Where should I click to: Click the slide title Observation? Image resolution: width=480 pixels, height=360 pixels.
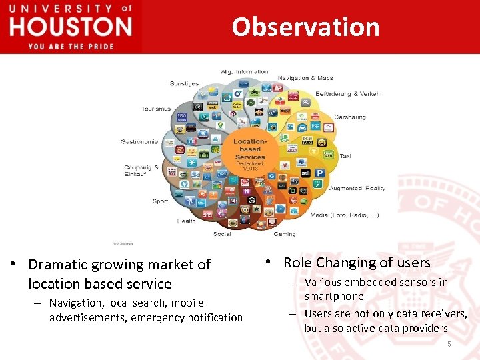(305, 27)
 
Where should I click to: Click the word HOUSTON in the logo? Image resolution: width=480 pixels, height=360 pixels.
(71, 27)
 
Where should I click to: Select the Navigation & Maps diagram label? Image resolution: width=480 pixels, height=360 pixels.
(305, 78)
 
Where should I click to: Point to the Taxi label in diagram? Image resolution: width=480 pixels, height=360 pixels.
(345, 155)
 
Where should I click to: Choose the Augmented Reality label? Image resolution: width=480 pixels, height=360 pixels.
(357, 188)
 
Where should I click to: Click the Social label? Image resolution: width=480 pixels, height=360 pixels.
(222, 234)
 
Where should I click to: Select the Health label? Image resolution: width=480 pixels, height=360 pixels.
(187, 221)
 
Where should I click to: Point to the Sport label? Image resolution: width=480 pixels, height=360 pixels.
(160, 201)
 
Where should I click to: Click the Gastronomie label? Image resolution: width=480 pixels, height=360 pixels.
(139, 141)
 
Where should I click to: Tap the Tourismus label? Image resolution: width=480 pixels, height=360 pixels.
(156, 109)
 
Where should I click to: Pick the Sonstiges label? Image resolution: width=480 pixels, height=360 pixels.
(184, 83)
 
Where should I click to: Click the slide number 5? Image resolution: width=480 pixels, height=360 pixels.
(449, 344)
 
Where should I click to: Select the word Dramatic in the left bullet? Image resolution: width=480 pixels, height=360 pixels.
(61, 265)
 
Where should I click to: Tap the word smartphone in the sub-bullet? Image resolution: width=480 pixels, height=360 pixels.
(334, 296)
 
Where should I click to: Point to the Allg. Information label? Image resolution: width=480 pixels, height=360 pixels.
(245, 71)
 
